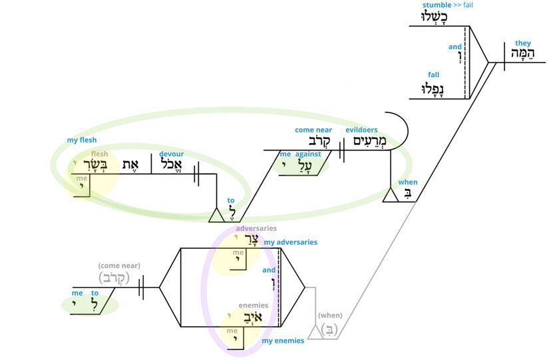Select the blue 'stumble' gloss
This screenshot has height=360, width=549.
click(437, 5)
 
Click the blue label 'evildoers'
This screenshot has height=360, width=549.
click(362, 130)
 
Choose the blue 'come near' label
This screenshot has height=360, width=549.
click(313, 130)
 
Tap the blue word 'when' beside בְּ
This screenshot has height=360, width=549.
click(407, 182)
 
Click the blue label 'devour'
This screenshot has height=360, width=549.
click(171, 154)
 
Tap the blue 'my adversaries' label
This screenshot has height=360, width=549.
click(291, 242)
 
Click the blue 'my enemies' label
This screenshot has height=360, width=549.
click(283, 341)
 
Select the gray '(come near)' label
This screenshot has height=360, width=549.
click(119, 266)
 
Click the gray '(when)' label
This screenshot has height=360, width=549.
click(330, 315)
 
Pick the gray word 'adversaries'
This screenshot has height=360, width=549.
click(256, 228)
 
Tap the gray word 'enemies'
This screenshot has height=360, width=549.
click(253, 305)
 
